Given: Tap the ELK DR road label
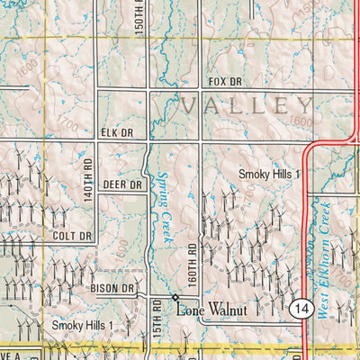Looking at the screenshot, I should click(115, 133).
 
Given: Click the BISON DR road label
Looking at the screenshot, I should click(112, 288).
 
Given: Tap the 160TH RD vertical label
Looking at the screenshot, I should click(192, 259).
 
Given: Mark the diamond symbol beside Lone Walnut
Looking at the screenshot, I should click(175, 297).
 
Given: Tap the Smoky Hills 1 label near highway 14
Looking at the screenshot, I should click(268, 173).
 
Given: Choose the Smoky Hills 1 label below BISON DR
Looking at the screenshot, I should click(82, 325).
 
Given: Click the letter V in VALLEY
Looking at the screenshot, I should click(190, 105).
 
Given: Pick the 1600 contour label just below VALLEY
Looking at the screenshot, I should click(301, 122).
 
